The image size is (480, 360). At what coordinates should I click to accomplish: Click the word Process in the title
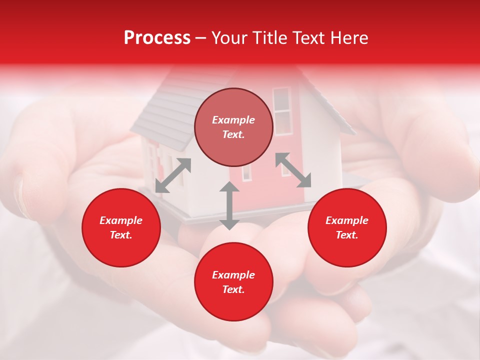157,38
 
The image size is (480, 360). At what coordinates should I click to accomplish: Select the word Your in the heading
229,38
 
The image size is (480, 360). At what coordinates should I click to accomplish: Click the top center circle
233,127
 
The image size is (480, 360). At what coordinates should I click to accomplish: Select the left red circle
121,227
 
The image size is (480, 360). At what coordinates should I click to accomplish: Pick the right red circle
347,227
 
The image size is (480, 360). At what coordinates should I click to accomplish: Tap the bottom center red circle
233,282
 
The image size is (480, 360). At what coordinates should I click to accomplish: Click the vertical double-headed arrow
229,205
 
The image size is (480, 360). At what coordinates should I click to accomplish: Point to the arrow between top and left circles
173,175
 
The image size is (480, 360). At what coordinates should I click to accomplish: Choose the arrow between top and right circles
293,170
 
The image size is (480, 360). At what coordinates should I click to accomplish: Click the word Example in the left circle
121,220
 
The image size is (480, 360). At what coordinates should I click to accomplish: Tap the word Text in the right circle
346,235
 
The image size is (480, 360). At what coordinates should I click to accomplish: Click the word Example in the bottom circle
233,275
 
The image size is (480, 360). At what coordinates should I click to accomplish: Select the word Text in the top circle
233,135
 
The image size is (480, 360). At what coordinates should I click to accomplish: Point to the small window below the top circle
247,172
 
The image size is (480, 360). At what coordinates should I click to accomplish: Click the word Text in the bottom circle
233,289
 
